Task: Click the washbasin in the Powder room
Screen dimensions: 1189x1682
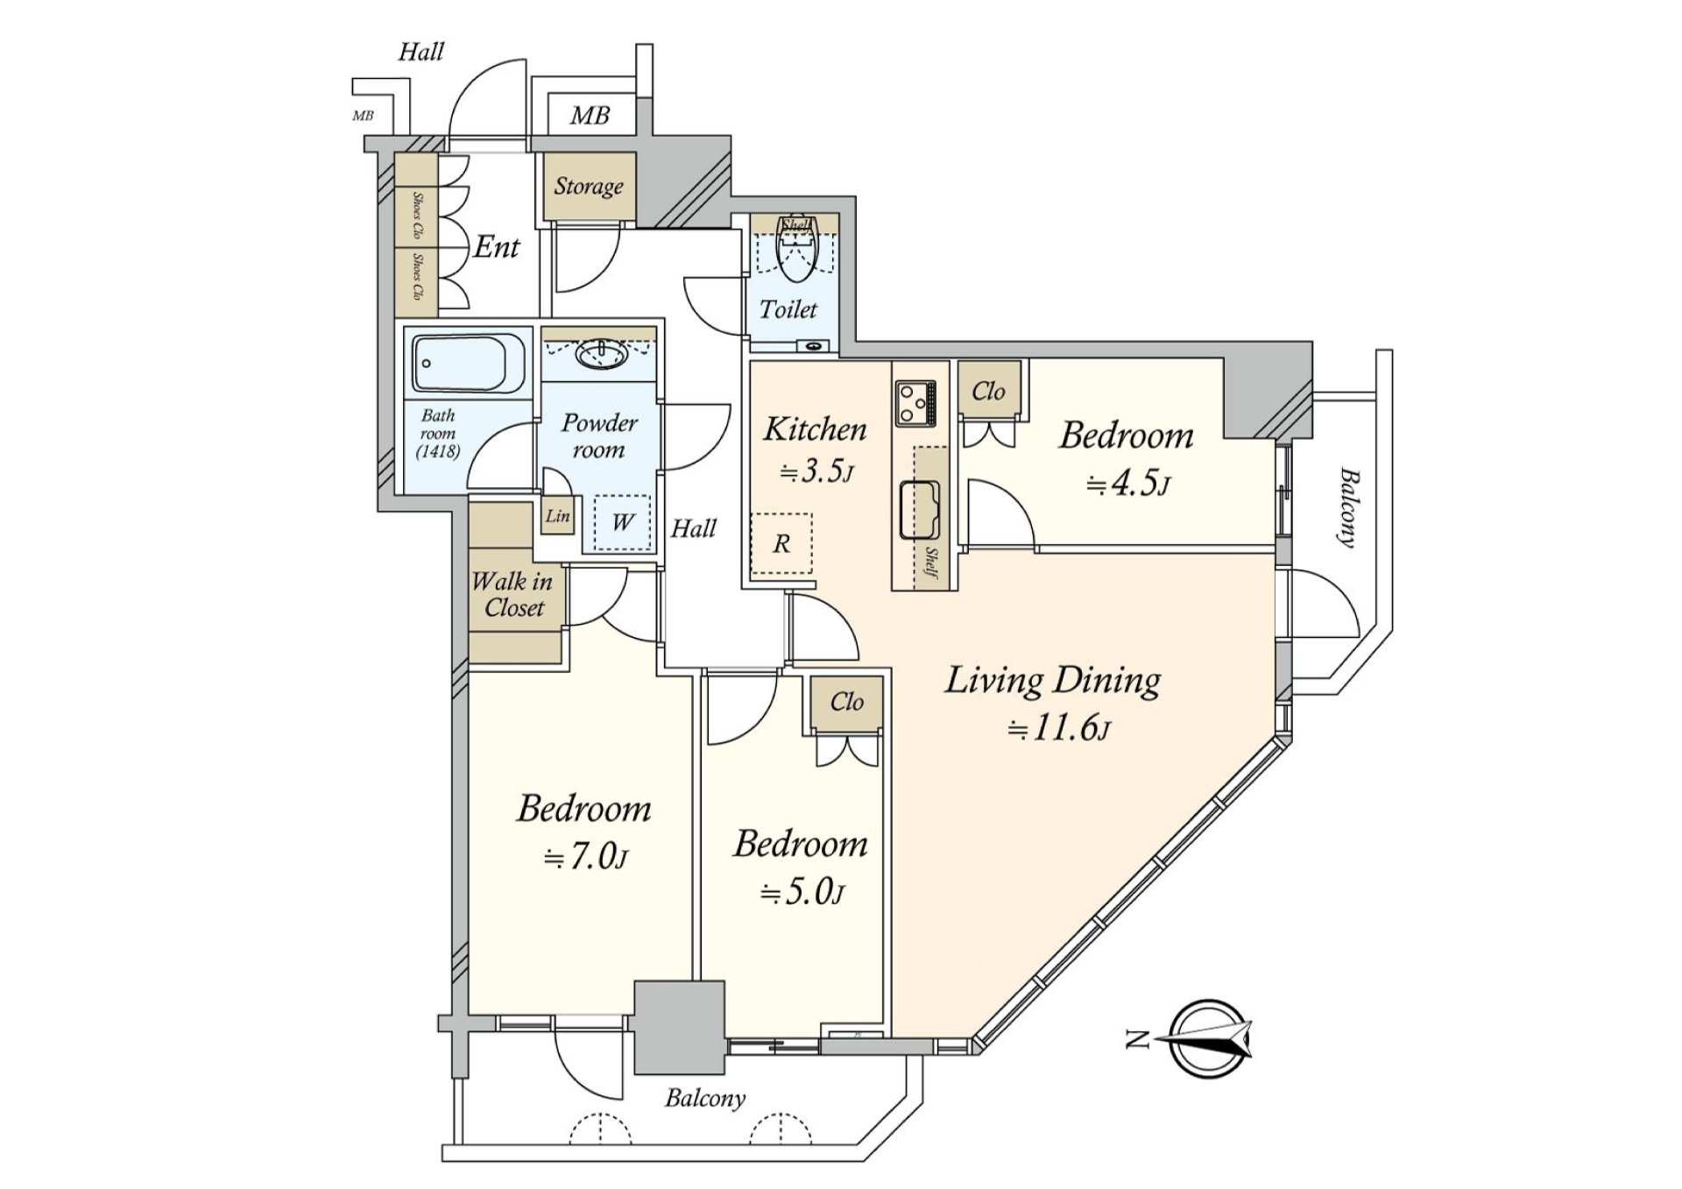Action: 600,355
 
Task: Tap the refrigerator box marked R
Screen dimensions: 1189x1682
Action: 781,544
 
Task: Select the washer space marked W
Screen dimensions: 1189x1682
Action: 622,523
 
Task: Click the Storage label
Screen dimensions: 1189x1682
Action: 588,186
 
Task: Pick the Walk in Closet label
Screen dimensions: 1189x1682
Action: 512,594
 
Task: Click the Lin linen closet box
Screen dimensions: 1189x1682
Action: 558,516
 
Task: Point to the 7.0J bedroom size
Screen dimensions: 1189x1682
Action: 585,856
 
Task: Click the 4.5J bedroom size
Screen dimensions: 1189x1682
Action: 1128,483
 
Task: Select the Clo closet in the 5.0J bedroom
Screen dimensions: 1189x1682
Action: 846,702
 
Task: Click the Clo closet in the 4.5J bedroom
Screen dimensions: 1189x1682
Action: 988,391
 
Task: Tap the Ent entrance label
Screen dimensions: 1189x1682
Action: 498,248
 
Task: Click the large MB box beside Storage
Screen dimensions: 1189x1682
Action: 590,115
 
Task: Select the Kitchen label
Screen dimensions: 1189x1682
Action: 815,429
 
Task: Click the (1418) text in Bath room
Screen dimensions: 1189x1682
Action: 438,452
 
